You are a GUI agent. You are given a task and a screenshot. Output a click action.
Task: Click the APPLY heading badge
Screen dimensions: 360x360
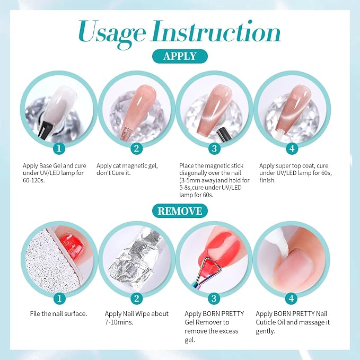click(180, 56)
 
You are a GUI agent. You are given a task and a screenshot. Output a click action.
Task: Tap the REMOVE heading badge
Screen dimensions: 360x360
click(180, 211)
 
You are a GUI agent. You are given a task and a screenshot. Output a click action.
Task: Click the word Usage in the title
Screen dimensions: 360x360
click(112, 33)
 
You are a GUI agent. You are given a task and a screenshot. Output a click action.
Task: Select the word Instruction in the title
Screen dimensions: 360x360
click(215, 31)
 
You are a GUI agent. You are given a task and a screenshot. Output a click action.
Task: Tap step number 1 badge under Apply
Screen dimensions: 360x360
click(59, 148)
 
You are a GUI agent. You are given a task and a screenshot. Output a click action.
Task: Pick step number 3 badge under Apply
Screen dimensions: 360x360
click(214, 148)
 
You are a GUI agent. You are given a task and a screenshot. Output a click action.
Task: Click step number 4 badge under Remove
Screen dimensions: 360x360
click(292, 298)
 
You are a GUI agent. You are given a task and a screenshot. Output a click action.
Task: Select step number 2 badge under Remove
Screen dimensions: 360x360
click(137, 298)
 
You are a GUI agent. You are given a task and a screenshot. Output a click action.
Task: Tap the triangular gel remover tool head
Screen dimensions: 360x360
click(210, 267)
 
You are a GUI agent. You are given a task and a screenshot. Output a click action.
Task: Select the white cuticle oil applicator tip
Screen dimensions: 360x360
click(279, 243)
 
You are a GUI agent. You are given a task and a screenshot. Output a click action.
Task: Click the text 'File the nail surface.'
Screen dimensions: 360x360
click(58, 314)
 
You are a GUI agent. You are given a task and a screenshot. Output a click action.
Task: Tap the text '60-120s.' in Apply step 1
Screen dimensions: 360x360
click(33, 180)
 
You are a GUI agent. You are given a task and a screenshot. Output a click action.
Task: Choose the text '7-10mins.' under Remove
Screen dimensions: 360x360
click(119, 322)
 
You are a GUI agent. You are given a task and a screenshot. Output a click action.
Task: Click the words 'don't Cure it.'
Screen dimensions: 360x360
click(113, 173)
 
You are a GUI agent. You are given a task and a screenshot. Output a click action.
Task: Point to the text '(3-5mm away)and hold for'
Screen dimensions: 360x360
click(214, 180)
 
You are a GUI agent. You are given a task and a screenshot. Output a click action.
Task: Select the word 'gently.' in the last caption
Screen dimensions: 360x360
click(266, 331)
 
